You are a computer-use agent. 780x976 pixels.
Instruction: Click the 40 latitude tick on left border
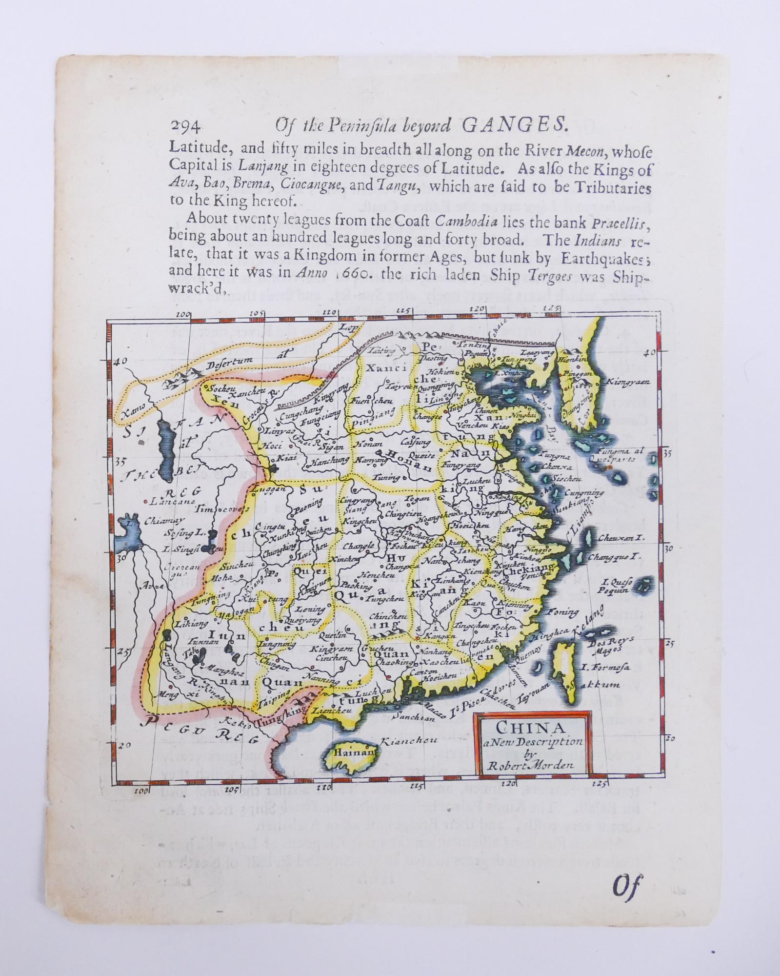pos(121,361)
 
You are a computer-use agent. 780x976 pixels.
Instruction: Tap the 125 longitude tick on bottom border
pos(600,797)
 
